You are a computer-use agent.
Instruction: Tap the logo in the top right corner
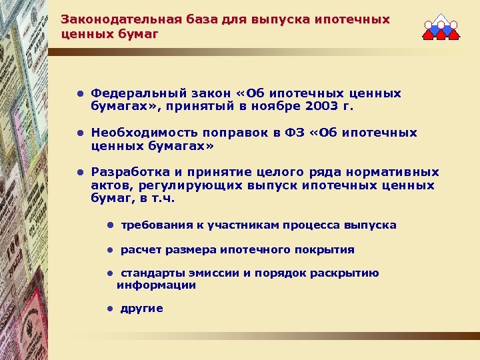click(441, 29)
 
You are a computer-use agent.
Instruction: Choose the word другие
click(141, 308)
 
